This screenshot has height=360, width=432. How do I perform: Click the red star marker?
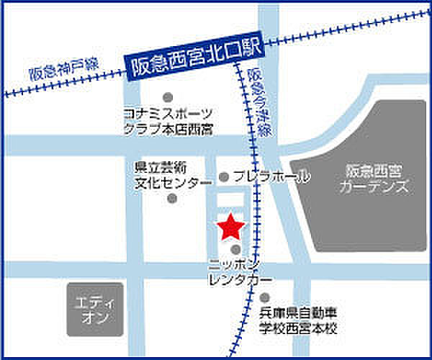tap(231, 228)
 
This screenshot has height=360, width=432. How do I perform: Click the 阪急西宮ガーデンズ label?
tap(376, 180)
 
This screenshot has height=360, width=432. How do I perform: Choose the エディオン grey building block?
tap(96, 309)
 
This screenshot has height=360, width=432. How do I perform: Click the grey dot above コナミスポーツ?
tap(168, 97)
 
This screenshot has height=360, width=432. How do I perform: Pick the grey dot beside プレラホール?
tap(224, 176)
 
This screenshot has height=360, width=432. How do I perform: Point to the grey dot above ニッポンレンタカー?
tap(235, 250)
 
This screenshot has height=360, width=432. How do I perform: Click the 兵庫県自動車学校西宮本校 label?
tap(297, 320)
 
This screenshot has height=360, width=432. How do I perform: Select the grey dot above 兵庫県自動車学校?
tap(265, 297)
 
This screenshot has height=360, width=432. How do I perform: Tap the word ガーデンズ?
tap(376, 188)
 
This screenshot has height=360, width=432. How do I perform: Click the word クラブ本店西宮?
tap(168, 130)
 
